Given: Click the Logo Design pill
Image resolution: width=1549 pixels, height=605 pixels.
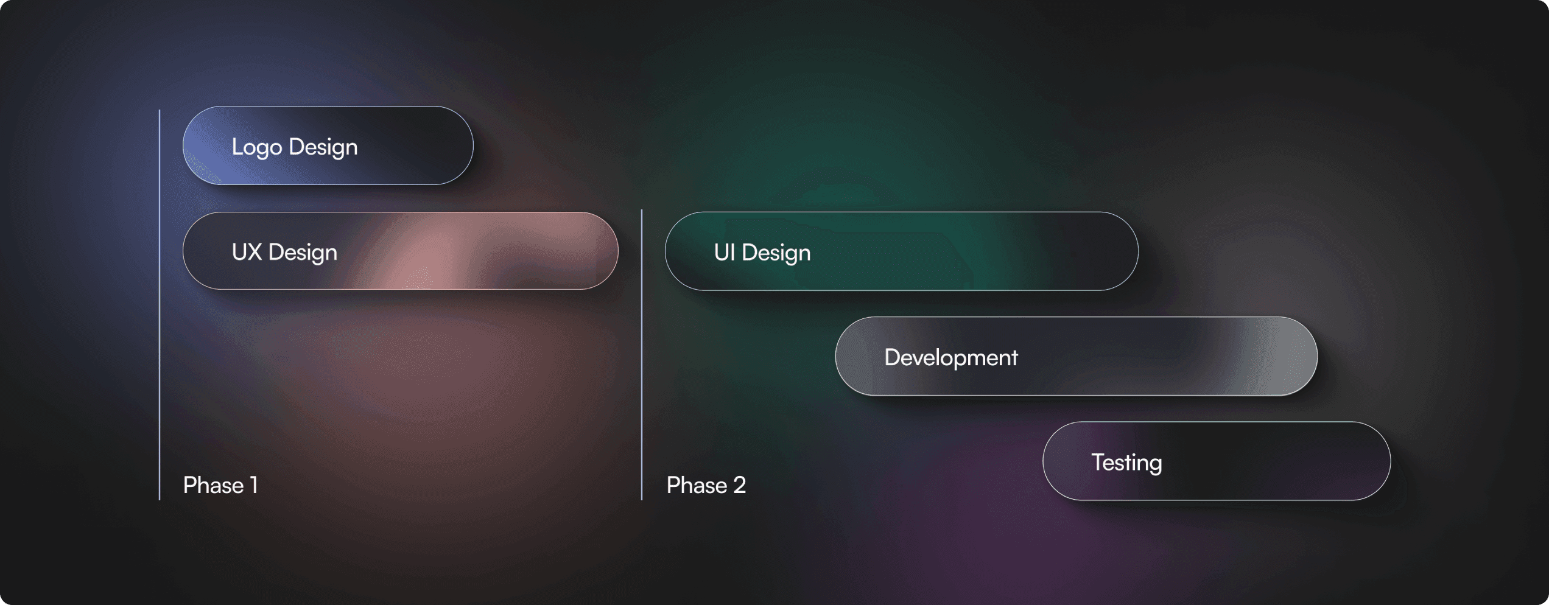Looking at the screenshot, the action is point(328,145).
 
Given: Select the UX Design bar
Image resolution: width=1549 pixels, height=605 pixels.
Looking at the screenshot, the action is point(401,251).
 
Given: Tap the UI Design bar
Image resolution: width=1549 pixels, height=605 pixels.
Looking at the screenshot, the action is point(902,251).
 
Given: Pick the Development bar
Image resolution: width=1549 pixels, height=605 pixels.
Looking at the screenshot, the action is point(1077,356).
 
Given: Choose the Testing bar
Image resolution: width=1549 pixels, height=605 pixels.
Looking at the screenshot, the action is point(1217,461).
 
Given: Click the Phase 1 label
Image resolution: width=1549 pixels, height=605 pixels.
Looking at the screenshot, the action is point(220,485).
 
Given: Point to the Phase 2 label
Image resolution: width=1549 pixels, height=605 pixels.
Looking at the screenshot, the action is point(706,485).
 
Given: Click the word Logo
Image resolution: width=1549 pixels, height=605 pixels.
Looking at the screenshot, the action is point(257,147).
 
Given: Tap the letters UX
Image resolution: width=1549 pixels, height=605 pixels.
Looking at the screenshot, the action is point(247,252).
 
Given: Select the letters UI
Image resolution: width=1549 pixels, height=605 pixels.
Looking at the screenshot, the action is point(725,252).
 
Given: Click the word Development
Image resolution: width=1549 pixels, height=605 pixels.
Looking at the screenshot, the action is point(951,358).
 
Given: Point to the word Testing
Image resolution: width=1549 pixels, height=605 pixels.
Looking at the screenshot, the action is point(1127,463).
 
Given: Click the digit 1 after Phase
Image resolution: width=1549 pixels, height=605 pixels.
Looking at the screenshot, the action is point(254,485).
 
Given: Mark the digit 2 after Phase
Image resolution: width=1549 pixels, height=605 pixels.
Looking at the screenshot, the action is point(740,485).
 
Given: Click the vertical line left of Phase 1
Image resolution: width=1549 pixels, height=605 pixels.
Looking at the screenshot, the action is point(160,305).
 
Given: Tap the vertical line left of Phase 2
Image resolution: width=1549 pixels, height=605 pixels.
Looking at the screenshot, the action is point(642,355).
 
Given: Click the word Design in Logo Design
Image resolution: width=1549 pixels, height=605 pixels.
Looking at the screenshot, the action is point(323,147).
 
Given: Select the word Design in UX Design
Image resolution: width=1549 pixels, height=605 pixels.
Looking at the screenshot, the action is point(303,253).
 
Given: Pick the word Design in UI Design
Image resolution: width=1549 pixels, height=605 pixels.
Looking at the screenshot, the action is point(776,253).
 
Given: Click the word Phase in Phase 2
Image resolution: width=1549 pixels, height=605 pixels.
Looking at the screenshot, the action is point(697,485).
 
